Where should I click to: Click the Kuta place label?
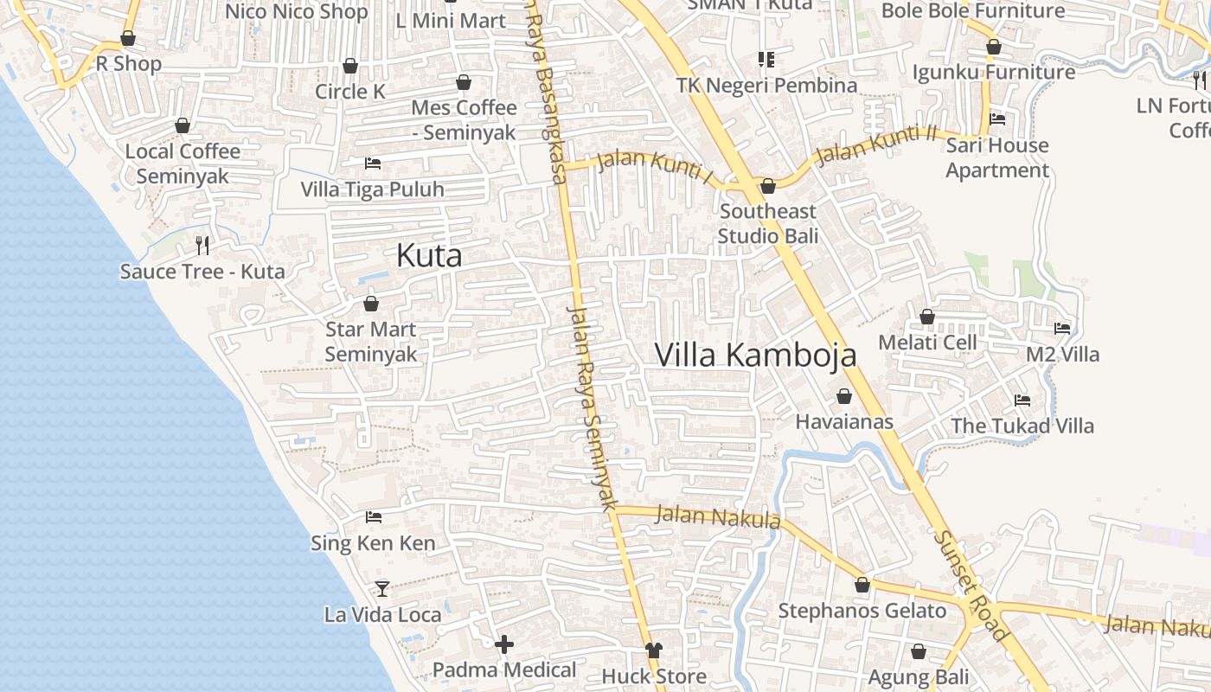pos(429,255)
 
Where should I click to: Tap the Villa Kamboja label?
pos(755,355)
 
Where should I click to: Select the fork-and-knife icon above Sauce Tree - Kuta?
pos(202,246)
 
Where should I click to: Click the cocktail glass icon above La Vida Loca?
pos(382,589)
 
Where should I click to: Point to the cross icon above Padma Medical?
pos(504,644)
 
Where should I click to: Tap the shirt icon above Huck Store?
pos(654,650)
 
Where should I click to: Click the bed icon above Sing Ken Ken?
pos(374,517)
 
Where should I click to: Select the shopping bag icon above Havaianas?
pos(843,396)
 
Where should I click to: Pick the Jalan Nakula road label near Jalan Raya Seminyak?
pos(718,517)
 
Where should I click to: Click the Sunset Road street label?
pos(971,586)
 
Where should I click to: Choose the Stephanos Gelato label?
pos(862,611)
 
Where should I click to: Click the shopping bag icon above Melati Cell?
pos(927,317)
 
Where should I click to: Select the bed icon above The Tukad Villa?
pos(1022,400)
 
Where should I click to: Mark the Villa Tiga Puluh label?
pos(372,189)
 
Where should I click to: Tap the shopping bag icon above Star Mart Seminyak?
pos(371,304)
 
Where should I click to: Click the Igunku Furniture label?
pos(994,72)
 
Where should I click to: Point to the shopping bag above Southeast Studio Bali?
pos(767,186)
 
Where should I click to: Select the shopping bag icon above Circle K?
pos(350,66)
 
